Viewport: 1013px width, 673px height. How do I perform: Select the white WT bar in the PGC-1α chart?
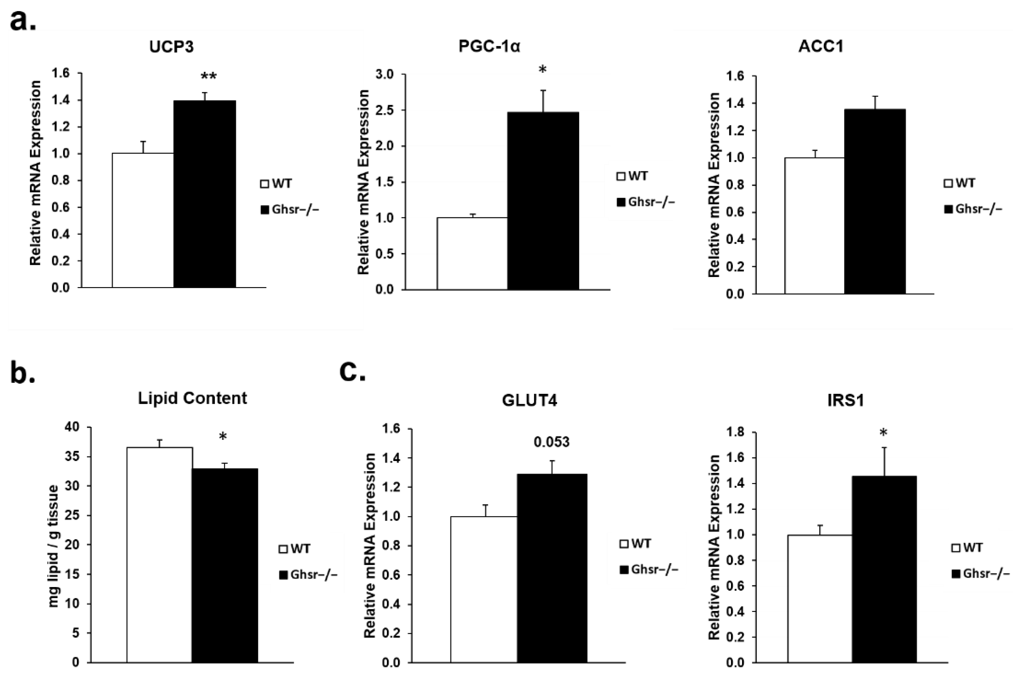[x=472, y=253]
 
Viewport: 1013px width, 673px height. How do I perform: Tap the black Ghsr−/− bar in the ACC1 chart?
[x=875, y=202]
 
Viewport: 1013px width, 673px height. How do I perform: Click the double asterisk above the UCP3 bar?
[x=209, y=77]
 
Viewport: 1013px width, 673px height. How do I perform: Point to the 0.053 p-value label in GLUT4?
[x=552, y=442]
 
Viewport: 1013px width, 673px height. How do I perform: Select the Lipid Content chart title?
[x=192, y=398]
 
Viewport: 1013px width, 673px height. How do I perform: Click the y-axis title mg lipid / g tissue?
[x=53, y=546]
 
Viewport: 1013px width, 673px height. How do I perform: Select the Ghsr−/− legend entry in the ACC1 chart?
[x=974, y=209]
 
